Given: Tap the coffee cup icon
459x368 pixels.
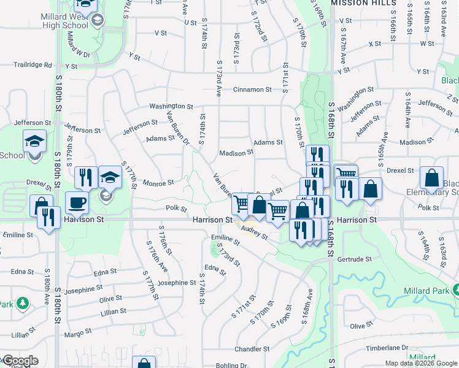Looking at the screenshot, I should pyautogui.click(x=77, y=202).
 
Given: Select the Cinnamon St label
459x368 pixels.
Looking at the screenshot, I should pyautogui.click(x=252, y=90).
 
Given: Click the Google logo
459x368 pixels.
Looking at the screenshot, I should pyautogui.click(x=20, y=361).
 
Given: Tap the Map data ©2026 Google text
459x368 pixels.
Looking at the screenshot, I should pyautogui.click(x=420, y=363).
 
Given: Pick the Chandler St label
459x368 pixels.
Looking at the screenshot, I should pyautogui.click(x=248, y=349).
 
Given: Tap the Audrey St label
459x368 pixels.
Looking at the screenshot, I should pyautogui.click(x=254, y=232).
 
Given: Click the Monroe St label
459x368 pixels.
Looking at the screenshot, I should pyautogui.click(x=158, y=182).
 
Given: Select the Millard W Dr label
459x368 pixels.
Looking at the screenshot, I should pyautogui.click(x=78, y=46).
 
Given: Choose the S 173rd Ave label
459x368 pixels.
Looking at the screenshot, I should pyautogui.click(x=218, y=77).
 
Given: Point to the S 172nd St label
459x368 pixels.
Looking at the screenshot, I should pyautogui.click(x=260, y=26).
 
